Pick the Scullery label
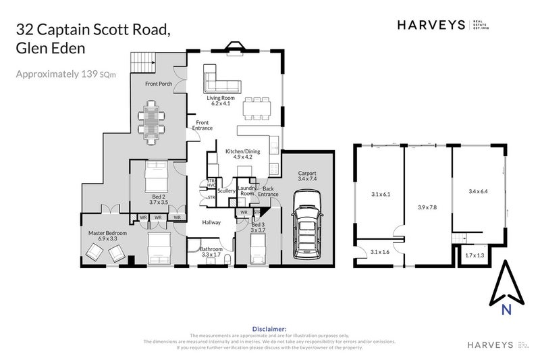227,191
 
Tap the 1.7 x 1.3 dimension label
476,256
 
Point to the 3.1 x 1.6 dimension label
381,253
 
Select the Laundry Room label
246,191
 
